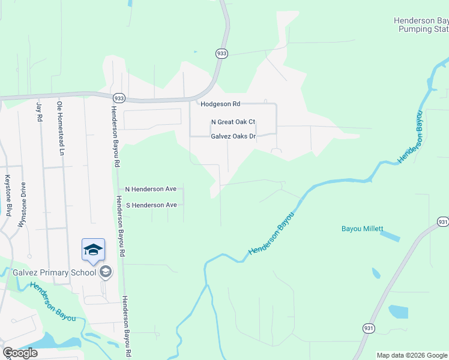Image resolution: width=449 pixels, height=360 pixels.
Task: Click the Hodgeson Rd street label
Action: pos(220,104)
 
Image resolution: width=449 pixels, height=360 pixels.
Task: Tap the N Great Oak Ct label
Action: pos(233,122)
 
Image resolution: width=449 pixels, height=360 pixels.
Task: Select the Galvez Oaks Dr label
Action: pos(234,136)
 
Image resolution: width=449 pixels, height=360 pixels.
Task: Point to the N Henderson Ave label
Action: pos(151,189)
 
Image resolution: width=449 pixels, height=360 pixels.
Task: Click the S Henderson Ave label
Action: pos(151,205)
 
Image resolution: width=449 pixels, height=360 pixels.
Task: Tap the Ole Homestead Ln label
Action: pos(60,128)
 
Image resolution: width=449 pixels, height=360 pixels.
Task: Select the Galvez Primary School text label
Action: pos(55,272)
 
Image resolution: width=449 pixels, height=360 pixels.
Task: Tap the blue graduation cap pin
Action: pos(93,250)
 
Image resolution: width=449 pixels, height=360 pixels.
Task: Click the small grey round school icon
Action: pos(106,272)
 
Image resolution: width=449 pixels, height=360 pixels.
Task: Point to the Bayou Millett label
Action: pos(362,229)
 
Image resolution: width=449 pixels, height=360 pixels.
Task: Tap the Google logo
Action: pos(20,353)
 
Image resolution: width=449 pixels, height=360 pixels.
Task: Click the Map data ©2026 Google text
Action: pos(412,355)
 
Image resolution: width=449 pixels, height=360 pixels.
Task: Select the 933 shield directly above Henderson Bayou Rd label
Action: pos(119,98)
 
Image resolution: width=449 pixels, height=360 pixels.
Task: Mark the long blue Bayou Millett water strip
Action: pos(389,237)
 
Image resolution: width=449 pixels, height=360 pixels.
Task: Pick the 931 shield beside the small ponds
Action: pos(368,328)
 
